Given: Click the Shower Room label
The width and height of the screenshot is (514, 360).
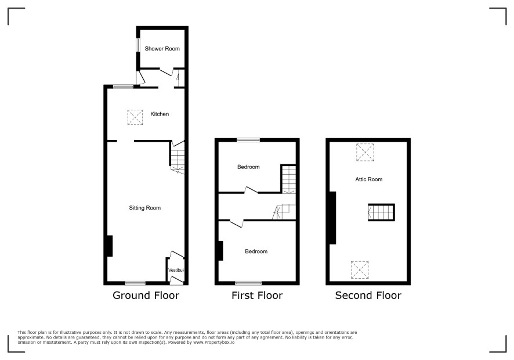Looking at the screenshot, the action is tap(162, 49).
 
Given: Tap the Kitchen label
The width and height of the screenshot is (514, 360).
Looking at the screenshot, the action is tap(160, 114).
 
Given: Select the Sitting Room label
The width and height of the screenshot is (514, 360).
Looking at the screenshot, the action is tap(145, 208).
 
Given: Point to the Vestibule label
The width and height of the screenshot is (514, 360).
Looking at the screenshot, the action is tap(176, 270).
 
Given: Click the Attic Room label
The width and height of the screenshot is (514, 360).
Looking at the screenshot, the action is tap(369, 179).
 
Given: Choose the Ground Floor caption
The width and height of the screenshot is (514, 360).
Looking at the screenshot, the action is tap(146, 296).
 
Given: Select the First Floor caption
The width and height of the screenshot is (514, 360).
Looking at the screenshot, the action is tap(257, 296).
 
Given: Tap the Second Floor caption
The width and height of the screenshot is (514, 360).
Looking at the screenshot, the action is tap(368, 296).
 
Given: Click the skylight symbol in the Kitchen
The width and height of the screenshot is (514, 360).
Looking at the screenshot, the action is tap(135, 117).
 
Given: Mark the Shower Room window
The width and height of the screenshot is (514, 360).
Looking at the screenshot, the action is tap(138, 45).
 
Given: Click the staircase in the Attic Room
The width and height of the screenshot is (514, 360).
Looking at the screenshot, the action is tap(381, 213).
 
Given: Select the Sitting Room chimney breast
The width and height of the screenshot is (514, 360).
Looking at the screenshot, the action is tap(110, 246).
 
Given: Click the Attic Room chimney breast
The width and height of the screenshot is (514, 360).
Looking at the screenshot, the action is tap(333, 218).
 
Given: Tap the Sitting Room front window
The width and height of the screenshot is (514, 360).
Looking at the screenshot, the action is tap(135, 283).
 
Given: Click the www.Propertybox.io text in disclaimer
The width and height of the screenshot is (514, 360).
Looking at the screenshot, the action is tap(213, 342).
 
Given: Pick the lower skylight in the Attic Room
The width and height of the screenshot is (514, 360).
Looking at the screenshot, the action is tap(360, 270).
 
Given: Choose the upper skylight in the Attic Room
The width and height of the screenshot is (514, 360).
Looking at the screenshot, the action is tap(365, 152).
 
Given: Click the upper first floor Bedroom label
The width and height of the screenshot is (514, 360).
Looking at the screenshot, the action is tap(248, 167).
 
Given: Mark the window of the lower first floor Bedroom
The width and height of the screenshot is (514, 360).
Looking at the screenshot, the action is tap(248, 283).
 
